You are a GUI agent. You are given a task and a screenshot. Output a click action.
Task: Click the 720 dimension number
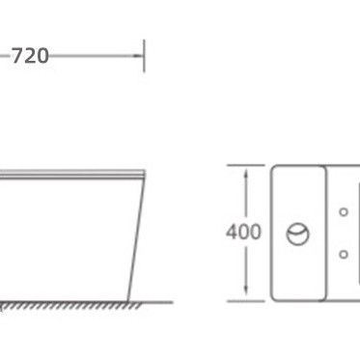(x=30, y=56)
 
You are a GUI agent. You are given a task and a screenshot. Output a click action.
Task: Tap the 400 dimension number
(x=243, y=232)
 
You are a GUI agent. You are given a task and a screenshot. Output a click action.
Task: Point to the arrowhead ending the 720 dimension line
(x=138, y=56)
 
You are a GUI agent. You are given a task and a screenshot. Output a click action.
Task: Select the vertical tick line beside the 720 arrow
(x=144, y=56)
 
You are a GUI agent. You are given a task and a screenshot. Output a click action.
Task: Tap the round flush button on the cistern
(x=298, y=235)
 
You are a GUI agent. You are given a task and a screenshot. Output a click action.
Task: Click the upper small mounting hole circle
(x=344, y=212)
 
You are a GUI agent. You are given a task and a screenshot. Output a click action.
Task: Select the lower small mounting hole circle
(x=344, y=254)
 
